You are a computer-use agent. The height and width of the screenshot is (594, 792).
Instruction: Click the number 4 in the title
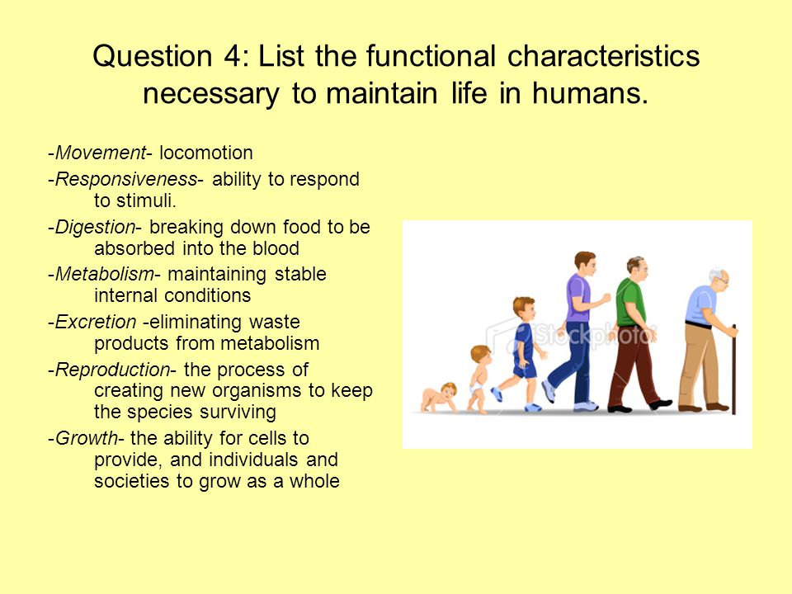[233, 55]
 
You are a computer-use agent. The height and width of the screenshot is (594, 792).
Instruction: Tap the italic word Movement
[101, 153]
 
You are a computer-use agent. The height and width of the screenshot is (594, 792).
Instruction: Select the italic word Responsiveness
[125, 179]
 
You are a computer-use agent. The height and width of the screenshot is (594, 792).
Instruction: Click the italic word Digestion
[95, 228]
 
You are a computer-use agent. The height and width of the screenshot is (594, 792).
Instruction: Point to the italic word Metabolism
[104, 274]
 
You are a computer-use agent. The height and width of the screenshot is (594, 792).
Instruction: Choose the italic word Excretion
[96, 322]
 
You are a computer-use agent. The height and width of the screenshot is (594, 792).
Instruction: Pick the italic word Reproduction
[112, 370]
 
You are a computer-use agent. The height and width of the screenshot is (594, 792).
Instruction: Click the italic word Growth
[86, 438]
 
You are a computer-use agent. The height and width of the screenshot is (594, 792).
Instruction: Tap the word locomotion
[206, 153]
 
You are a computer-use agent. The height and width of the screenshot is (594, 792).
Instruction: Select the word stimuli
[146, 200]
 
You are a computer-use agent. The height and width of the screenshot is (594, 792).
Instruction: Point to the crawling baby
[439, 397]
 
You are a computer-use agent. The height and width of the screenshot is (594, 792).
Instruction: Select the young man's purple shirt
[577, 298]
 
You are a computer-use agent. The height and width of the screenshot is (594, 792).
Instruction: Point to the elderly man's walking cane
[734, 370]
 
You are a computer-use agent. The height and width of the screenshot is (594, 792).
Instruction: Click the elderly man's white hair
[715, 274]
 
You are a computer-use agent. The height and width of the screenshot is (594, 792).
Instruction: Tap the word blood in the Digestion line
[276, 248]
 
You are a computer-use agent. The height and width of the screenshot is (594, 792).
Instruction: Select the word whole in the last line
[314, 481]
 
